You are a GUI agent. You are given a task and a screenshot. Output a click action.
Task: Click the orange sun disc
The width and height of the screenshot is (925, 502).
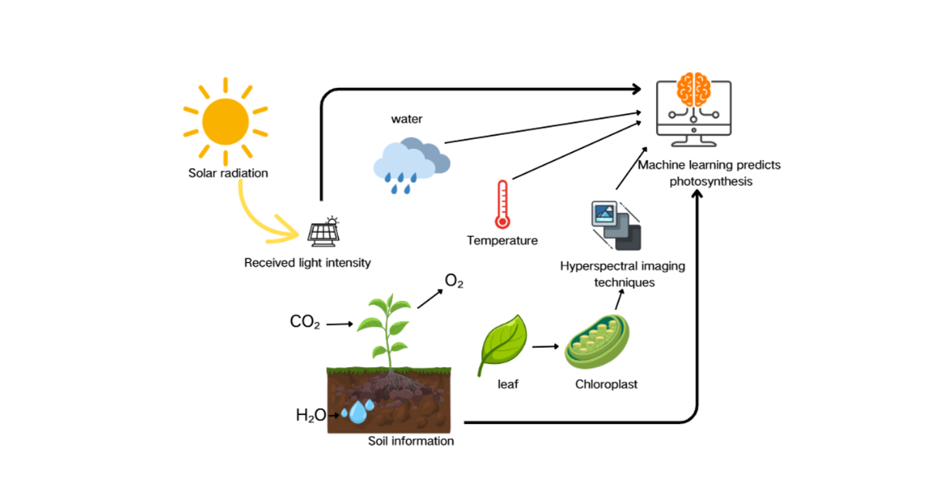coord(226,122)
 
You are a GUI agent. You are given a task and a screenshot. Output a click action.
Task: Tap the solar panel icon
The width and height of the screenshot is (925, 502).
coord(323,231)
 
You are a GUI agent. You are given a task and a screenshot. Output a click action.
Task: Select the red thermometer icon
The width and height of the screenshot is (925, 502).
coord(503,204)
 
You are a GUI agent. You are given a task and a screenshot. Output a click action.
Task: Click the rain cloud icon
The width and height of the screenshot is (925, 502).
coord(411,163)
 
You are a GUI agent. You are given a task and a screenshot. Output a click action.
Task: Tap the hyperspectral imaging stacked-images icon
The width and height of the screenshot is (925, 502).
coord(616,225)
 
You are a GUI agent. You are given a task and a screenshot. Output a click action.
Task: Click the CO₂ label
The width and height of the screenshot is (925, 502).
coord(305,322)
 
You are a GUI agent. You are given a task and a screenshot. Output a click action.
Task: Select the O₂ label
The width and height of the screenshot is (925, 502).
coord(454,281)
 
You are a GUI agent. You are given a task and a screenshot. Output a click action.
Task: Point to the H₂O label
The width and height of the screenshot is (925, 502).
coord(310,416)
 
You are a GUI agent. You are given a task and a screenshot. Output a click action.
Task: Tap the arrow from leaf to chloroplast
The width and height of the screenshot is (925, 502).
coord(545,346)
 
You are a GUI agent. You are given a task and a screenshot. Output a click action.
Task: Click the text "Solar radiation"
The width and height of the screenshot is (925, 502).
coord(228,173)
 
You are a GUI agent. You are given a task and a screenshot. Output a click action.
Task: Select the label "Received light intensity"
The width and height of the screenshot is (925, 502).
coord(307,263)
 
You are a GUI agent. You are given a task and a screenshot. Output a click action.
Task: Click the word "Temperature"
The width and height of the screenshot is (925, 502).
coord(502,241)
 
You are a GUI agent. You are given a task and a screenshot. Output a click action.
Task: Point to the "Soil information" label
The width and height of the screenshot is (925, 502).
coord(411,441)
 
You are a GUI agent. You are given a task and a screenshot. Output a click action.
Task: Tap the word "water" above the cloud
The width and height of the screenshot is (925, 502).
coord(407,119)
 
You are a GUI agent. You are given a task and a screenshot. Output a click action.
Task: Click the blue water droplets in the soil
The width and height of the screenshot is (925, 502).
coord(357,411)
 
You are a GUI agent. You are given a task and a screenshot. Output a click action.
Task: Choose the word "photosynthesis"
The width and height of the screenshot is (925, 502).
coord(710,181)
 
